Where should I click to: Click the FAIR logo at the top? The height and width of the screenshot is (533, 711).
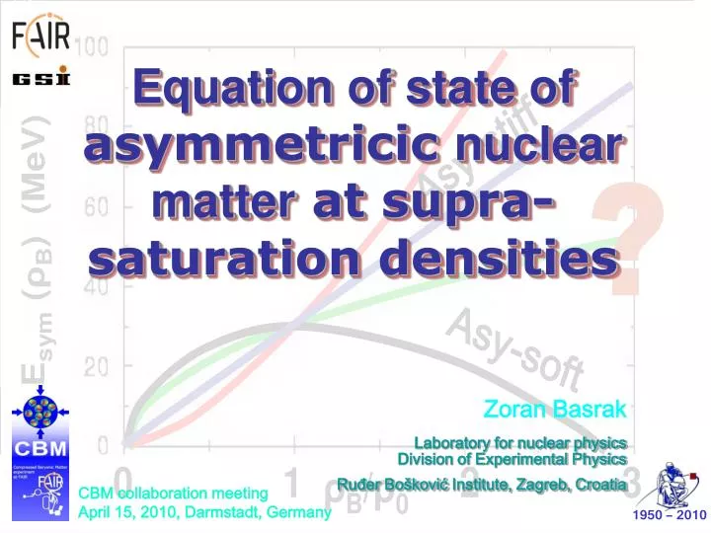(40, 37)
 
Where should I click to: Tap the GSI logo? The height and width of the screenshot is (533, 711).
(40, 78)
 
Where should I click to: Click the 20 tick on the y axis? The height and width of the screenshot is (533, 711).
(95, 366)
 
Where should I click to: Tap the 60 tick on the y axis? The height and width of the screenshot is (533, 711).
(95, 207)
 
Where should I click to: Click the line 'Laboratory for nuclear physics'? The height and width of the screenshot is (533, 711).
(520, 441)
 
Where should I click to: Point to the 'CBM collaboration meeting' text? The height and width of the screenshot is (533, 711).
(173, 493)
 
